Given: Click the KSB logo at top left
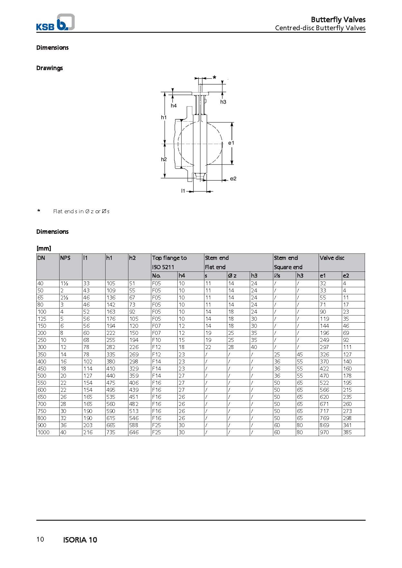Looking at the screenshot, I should [55, 23].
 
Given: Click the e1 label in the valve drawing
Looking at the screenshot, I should [231, 143].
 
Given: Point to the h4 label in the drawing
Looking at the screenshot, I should [173, 105].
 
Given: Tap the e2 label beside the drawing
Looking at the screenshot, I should [233, 179].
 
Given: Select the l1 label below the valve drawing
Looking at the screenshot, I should [183, 191].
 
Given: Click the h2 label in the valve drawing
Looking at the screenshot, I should [164, 159].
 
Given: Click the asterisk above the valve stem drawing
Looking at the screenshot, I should [214, 78].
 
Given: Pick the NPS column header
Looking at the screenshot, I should [65, 258].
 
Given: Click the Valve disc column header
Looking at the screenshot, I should [332, 258].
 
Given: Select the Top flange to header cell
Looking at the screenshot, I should [169, 258].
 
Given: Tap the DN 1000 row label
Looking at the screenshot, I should [43, 432].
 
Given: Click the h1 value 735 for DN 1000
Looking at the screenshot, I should [111, 432].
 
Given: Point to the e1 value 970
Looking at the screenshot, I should [324, 432].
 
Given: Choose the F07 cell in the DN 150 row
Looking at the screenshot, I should [156, 326].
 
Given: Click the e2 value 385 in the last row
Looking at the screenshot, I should [347, 432].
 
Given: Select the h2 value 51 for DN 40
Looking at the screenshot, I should [132, 283].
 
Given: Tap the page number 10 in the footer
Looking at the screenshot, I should [40, 539].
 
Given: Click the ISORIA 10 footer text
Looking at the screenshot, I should [80, 540].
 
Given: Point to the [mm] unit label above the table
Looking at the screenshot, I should [44, 248].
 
